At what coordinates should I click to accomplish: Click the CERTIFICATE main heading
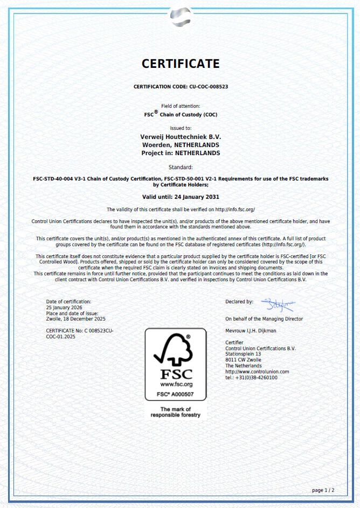tap(181, 64)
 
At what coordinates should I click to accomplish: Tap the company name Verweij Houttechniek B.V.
tap(181, 137)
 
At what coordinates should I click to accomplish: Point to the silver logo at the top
tap(180, 17)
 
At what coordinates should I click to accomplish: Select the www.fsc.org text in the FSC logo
tap(176, 385)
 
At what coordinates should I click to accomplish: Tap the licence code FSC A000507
tap(175, 395)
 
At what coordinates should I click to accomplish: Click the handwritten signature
tap(277, 305)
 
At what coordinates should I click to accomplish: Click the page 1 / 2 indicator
tap(323, 490)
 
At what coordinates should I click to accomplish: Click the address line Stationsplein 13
tap(243, 354)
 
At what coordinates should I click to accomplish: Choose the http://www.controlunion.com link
tap(257, 372)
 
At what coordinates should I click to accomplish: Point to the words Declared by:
tap(239, 302)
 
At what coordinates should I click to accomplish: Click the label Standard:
tap(181, 168)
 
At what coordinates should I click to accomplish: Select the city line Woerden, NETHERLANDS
tap(181, 145)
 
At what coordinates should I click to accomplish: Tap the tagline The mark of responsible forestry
tap(175, 412)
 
